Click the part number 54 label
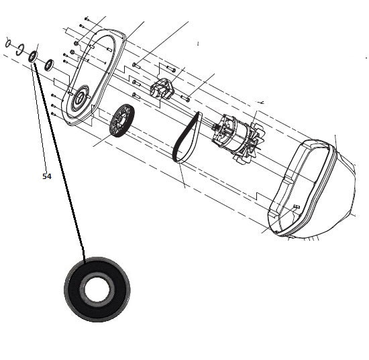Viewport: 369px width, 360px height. tap(47, 176)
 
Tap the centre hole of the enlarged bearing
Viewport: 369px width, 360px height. tap(97, 289)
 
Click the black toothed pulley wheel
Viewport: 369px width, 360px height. tap(122, 121)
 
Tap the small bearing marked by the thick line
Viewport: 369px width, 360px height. tap(33, 57)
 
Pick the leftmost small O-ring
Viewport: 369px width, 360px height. tap(8, 44)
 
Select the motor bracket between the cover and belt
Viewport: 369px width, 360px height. tap(162, 88)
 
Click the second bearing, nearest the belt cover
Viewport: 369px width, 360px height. tap(49, 64)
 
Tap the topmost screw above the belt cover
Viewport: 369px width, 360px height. tap(87, 18)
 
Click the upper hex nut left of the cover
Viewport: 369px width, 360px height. tap(76, 44)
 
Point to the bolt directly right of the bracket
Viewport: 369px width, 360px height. tap(186, 98)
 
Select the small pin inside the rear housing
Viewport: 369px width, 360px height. tap(296, 206)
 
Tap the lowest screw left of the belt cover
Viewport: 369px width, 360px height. tap(54, 114)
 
